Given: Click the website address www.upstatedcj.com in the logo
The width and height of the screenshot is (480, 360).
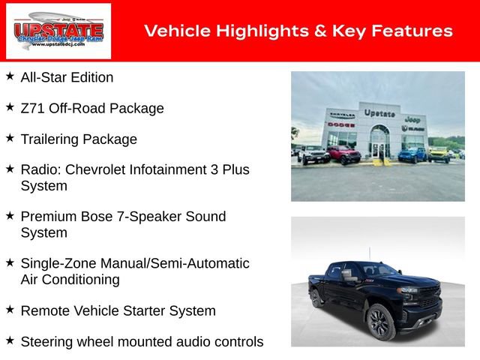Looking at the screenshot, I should click(58, 44).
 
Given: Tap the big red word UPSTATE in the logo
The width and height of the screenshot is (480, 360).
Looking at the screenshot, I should click(58, 28).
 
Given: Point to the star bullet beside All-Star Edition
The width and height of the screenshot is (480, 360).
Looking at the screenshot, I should click(10, 76).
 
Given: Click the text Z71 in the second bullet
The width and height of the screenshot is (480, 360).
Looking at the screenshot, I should click(32, 108).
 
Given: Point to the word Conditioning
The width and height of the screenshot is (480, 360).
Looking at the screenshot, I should click(82, 280).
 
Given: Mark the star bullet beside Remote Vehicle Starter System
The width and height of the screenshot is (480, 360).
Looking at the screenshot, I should click(10, 310).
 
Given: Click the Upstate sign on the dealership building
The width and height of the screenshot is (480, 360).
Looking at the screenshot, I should click(379, 113).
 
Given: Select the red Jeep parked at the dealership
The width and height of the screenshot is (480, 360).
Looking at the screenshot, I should click(343, 155).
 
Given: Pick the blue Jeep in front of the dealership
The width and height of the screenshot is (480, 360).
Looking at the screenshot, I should click(412, 154).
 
